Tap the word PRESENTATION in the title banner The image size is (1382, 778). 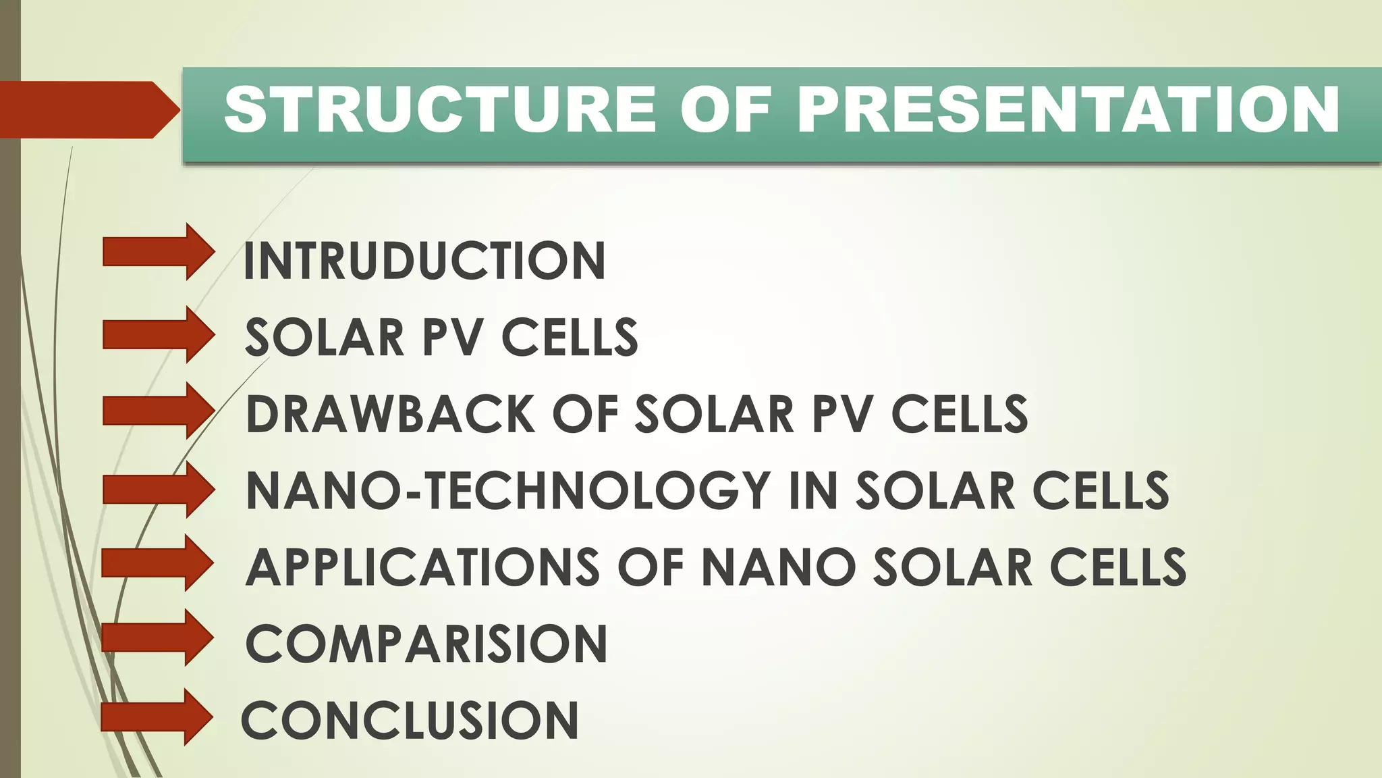click(x=1068, y=109)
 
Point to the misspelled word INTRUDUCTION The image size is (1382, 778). click(x=424, y=261)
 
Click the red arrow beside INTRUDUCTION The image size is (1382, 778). click(x=158, y=252)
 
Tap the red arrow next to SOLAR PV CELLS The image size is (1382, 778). click(x=158, y=334)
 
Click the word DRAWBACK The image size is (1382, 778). click(x=390, y=413)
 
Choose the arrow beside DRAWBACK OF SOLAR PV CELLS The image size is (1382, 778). click(x=158, y=411)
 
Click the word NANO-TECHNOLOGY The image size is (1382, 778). click(x=508, y=490)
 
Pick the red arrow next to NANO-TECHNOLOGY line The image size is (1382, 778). click(x=158, y=489)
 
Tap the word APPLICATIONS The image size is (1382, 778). click(x=422, y=567)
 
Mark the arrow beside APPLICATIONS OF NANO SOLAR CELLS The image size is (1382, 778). click(x=158, y=563)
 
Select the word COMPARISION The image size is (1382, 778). click(x=426, y=644)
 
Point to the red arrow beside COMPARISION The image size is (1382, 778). click(x=158, y=638)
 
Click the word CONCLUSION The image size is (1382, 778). click(x=410, y=721)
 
